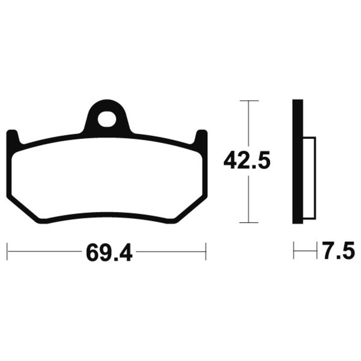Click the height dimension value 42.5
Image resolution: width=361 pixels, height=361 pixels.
(247, 161)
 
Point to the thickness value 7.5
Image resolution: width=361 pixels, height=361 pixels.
(338, 251)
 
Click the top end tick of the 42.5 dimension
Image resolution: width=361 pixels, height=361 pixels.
(248, 100)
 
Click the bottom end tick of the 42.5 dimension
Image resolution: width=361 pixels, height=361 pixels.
(248, 222)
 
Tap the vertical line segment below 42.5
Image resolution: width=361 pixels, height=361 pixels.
(248, 199)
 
